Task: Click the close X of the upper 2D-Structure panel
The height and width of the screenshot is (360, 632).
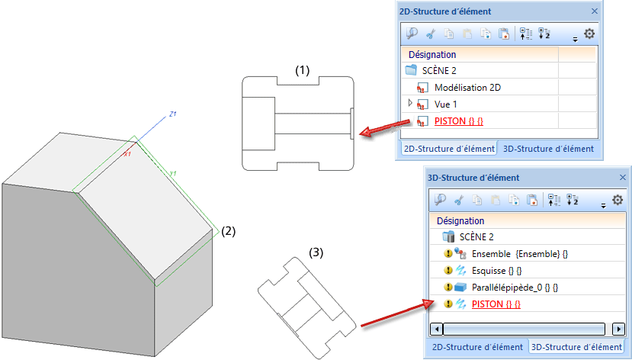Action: [x=595, y=11]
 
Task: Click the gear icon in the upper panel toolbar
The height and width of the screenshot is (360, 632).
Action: [x=589, y=34]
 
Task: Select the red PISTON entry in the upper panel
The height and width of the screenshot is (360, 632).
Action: [x=459, y=121]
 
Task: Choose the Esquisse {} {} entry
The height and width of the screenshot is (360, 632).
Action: [x=497, y=270]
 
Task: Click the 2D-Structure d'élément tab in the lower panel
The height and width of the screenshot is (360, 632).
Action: [x=477, y=346]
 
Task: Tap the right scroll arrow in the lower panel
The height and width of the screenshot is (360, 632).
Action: [x=620, y=329]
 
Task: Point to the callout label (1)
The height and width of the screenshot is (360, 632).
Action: [x=303, y=70]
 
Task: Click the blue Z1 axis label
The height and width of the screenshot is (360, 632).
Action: [x=173, y=114]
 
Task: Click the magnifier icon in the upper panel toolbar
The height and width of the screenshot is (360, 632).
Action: [x=412, y=34]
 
